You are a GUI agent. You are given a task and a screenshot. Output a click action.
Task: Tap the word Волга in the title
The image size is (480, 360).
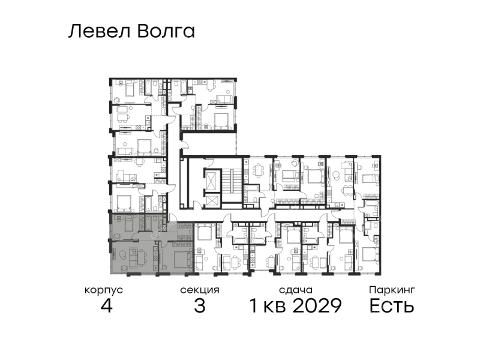[166, 31]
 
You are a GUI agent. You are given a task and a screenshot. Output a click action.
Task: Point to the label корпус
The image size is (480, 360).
[104, 290]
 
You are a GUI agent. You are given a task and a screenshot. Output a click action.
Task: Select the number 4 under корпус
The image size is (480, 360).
[107, 305]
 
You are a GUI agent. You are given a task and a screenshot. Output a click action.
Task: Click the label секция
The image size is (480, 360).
[200, 290]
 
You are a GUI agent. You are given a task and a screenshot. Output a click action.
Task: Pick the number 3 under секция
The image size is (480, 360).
[200, 305]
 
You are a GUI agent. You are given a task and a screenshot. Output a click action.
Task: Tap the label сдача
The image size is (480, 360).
[296, 290]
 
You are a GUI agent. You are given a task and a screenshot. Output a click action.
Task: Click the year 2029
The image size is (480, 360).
[317, 305]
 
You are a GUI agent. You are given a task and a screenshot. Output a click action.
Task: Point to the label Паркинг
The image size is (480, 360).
[392, 290]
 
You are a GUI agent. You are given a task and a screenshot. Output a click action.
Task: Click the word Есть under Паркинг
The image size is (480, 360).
[392, 305]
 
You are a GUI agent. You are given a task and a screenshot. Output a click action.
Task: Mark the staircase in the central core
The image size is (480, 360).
[232, 185]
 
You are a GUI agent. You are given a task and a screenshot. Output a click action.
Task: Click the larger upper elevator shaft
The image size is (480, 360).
[212, 181]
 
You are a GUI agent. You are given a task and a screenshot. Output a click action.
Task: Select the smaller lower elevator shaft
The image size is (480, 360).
[212, 200]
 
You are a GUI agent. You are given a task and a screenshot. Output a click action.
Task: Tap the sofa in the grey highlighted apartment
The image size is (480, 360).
[133, 258]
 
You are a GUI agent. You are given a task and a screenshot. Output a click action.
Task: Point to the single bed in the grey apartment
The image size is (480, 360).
[128, 223]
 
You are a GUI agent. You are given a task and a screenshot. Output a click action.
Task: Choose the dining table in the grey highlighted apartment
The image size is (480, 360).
[142, 257]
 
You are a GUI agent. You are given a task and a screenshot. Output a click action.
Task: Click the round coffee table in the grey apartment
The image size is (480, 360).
[122, 254]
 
